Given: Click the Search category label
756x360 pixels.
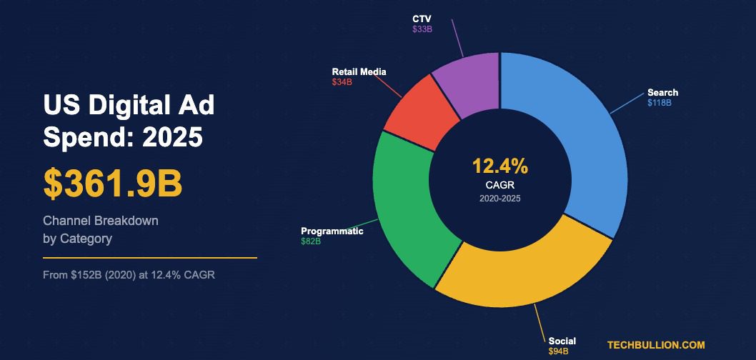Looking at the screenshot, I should tap(662, 93).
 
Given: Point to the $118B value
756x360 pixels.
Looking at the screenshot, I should tap(659, 103).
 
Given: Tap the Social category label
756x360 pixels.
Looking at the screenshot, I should tap(562, 341).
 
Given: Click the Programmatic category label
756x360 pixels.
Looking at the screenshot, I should tap(332, 231).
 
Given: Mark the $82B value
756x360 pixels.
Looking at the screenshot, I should tap(311, 242).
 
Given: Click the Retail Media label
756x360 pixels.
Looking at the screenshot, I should tap(359, 72).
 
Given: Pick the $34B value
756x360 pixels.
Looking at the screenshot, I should tap(342, 83).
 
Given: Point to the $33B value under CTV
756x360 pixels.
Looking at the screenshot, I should tap(422, 29).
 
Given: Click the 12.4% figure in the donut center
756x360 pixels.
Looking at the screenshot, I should tap(499, 167).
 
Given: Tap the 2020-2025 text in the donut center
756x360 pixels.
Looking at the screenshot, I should tap(499, 199).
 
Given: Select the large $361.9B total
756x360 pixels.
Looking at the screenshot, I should tap(113, 184).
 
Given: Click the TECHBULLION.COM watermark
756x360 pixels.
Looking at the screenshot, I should tap(656, 345).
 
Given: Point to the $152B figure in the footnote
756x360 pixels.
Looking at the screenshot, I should tap(81, 274).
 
